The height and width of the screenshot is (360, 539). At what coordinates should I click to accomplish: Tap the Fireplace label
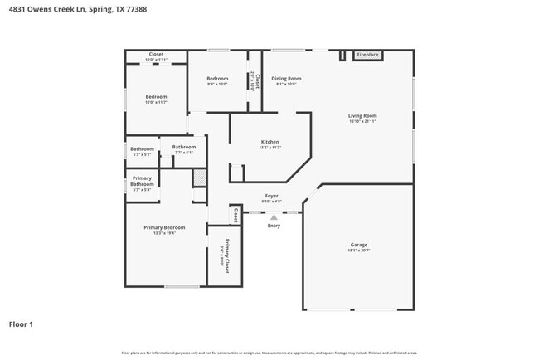[367, 55]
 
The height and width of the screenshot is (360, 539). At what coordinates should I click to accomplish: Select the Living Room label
[362, 116]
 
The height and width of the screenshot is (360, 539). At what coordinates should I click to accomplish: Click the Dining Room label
[286, 80]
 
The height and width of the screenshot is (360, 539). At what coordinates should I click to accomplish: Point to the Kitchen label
[269, 143]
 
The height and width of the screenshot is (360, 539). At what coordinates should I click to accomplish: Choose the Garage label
[358, 246]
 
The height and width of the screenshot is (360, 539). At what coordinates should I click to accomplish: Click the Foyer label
[271, 197]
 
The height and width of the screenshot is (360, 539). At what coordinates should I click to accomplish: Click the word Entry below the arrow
[274, 226]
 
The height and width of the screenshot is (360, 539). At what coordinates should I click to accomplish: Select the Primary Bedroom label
[163, 228]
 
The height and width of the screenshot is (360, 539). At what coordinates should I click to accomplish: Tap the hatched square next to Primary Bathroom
[199, 177]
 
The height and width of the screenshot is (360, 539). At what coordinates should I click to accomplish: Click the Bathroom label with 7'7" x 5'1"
[183, 148]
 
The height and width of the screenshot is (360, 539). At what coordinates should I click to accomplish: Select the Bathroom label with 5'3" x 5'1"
[142, 150]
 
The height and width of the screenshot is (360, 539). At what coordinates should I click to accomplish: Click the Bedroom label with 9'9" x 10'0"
[216, 80]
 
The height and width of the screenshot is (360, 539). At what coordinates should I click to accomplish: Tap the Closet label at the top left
[156, 56]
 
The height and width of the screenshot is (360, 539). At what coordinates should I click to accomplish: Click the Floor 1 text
[21, 324]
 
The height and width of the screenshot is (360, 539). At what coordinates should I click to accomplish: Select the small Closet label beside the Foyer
[235, 216]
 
